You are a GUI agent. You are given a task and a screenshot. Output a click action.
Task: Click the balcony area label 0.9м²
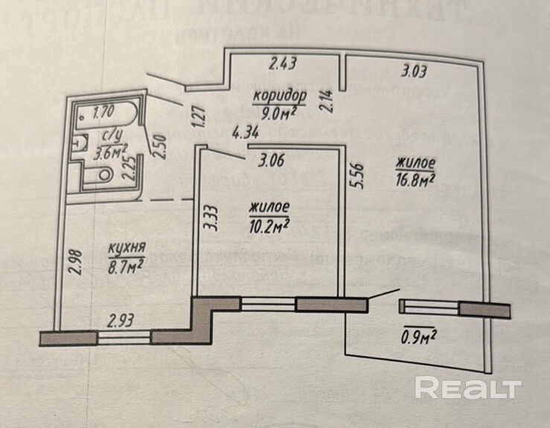418,337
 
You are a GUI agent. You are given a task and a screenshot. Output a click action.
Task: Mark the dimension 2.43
283,65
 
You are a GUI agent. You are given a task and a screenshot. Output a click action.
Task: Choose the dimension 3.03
414,72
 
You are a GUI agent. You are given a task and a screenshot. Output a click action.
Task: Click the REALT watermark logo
467,388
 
